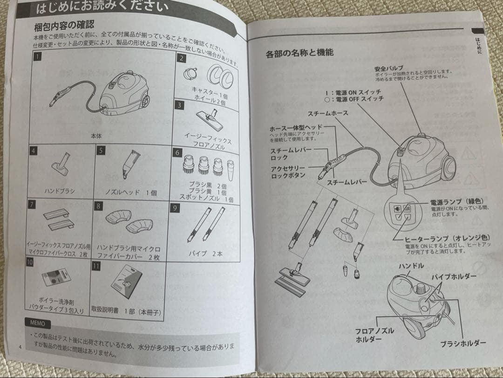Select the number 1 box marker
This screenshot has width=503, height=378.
tap(38, 57)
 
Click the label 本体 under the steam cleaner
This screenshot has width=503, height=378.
tap(96, 136)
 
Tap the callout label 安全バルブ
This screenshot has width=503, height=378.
tap(388, 68)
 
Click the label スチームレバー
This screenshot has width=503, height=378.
tap(347, 182)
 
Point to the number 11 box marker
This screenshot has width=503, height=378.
tap(96, 267)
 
